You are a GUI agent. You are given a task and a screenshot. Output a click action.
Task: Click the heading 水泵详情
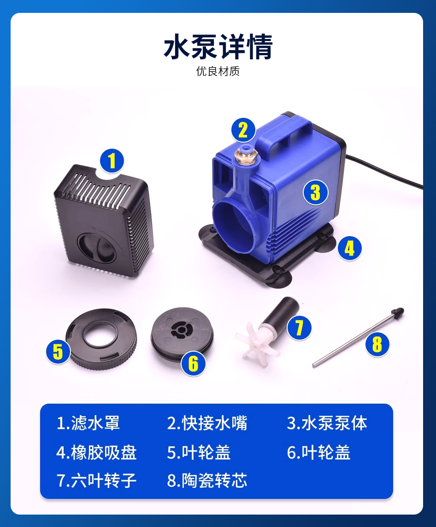tap(218, 47)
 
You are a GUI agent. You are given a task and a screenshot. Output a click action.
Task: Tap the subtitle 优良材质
tap(218, 71)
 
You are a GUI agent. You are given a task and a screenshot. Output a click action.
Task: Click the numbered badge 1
tap(112, 161)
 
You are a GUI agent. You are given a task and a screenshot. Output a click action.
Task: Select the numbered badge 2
tap(243, 130)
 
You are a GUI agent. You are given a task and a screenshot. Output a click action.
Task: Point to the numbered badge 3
tap(315, 192)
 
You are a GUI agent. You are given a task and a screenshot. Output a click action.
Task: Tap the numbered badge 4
tap(349, 249)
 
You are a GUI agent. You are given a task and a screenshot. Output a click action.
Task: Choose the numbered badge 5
tap(58, 351)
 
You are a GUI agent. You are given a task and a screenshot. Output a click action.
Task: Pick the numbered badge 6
tap(193, 363)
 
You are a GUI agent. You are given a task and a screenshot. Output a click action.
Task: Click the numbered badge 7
tap(299, 328)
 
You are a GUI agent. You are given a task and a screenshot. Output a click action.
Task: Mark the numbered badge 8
tap(377, 344)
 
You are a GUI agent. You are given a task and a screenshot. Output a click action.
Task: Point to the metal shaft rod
tap(358, 337)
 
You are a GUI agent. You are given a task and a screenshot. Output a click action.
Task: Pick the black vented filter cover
tap(104, 220)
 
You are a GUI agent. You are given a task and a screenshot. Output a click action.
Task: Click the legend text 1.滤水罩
tap(88, 423)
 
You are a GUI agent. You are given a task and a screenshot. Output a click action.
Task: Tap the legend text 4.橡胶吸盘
tap(96, 452)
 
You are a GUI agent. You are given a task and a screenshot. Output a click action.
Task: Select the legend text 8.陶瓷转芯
tap(207, 480)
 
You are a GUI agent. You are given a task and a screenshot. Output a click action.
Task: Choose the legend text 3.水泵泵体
tap(327, 423)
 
